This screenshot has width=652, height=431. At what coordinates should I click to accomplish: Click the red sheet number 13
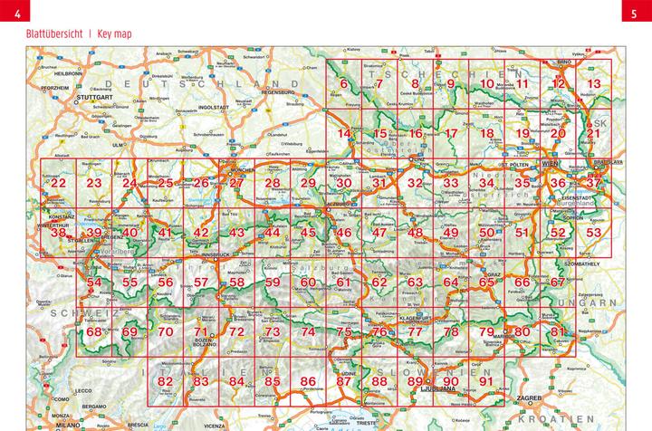pos(594,84)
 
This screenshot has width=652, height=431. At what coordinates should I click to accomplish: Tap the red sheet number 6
pos(343,84)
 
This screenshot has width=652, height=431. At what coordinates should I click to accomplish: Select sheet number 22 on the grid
pos(59,184)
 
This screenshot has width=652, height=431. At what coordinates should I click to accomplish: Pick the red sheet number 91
pos(486,381)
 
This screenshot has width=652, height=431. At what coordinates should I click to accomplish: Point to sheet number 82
pos(165,381)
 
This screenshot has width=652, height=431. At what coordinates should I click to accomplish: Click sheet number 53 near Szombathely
pos(594,233)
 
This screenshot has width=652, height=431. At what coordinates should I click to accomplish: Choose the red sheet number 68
pos(94,331)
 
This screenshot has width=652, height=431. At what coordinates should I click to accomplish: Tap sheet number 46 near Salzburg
pos(343,233)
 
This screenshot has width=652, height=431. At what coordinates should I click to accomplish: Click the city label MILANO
pos(67,422)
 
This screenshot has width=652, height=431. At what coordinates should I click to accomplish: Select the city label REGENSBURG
pos(279,91)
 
